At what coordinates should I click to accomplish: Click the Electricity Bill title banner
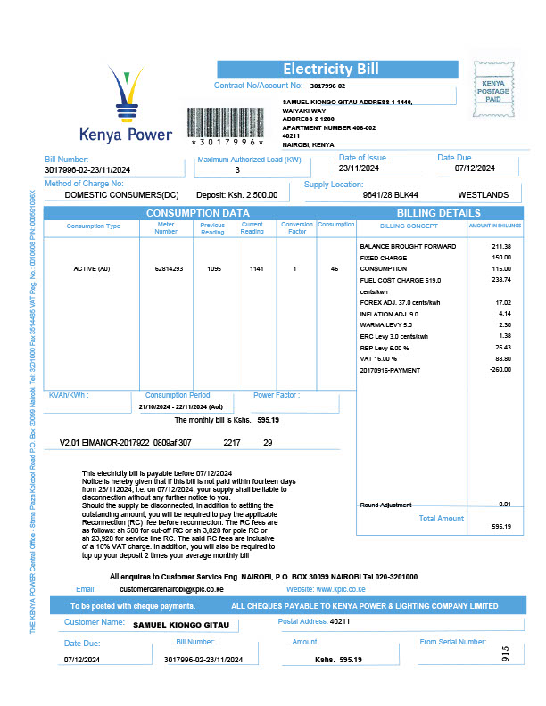[331, 70]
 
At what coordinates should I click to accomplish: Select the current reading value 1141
[252, 267]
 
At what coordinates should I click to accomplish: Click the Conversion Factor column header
[297, 228]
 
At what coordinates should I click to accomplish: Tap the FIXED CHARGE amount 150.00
[501, 259]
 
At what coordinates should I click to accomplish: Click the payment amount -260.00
[500, 369]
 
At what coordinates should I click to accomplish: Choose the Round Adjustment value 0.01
[505, 505]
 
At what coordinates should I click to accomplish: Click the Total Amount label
[441, 518]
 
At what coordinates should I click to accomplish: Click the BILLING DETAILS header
[438, 213]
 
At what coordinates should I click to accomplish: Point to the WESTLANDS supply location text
[484, 194]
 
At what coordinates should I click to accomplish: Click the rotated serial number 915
[505, 653]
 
